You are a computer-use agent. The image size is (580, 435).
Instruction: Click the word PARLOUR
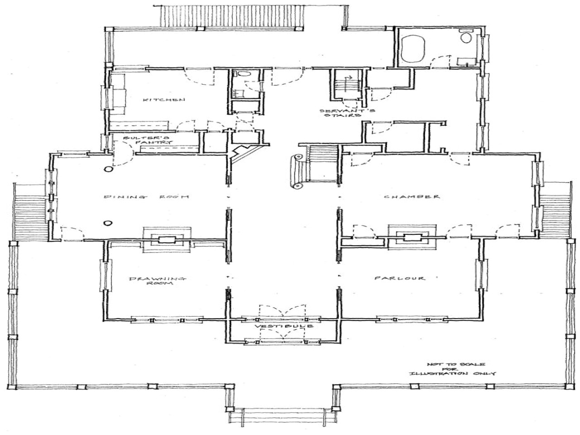pos(400,278)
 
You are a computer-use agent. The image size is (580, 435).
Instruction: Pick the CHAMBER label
pos(411,197)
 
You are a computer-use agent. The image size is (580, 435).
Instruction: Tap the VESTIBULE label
pos(284,326)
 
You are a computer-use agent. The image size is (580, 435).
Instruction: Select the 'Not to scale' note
pos(460,369)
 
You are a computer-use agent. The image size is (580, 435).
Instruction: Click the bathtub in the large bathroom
pos(413,49)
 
